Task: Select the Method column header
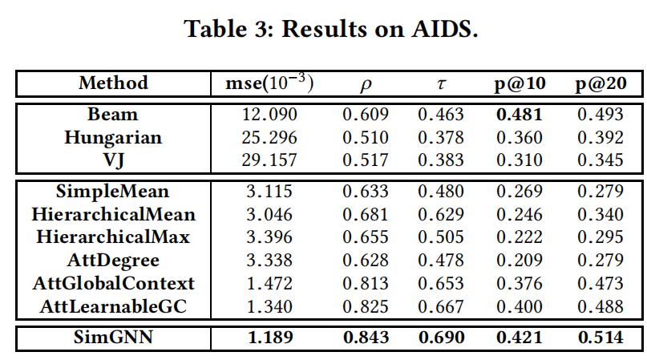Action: coord(113,83)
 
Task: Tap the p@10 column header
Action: coord(519,83)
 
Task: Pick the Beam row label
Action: coord(113,115)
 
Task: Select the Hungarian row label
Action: coord(113,137)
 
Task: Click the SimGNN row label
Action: coord(113,338)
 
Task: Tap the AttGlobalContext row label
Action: coord(113,283)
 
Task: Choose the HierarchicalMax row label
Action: coord(113,237)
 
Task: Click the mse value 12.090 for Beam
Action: coord(269,115)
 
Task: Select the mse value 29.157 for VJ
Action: coord(269,160)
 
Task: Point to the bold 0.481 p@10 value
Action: coord(519,115)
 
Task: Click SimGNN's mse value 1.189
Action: coord(269,338)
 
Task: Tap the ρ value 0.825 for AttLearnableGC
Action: coord(365,306)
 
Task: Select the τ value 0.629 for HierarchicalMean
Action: coord(440,214)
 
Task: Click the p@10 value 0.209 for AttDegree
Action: coord(519,261)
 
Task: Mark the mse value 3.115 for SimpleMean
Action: coord(269,192)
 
